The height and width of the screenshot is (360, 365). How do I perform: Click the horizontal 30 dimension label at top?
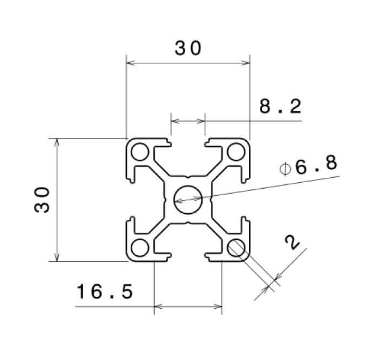(188, 48)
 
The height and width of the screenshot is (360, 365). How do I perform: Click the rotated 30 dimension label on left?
(42, 200)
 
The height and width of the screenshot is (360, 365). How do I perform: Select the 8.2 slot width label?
(280, 106)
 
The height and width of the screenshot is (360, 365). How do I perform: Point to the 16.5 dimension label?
(105, 291)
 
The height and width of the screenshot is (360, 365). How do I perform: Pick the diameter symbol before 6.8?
(285, 169)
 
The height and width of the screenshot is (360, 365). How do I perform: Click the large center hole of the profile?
(188, 200)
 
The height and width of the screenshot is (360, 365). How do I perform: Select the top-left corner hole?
(139, 152)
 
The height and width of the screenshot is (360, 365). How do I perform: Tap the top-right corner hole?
(236, 152)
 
